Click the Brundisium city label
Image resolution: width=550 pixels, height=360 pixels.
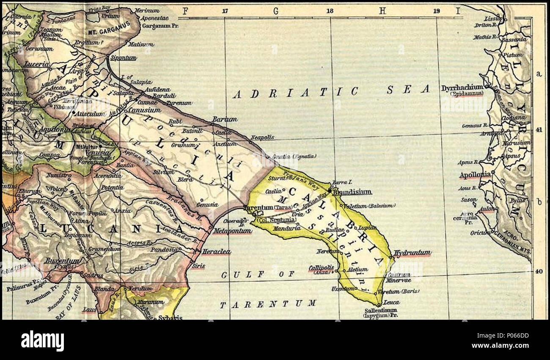click(x=352, y=192)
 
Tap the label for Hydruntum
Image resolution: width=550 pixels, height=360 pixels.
click(x=412, y=253)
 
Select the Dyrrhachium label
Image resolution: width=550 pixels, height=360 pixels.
click(x=462, y=88)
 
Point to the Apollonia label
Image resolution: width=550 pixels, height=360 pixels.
click(x=475, y=174)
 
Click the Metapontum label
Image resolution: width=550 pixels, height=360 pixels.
click(x=232, y=231)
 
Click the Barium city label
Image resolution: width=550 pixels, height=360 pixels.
click(x=225, y=119)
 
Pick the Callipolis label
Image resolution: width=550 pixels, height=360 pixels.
click(x=321, y=268)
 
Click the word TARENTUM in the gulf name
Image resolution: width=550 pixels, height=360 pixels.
click(x=267, y=303)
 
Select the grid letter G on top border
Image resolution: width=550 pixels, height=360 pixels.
click(x=276, y=11)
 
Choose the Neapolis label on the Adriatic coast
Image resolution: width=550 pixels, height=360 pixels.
click(x=262, y=137)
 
